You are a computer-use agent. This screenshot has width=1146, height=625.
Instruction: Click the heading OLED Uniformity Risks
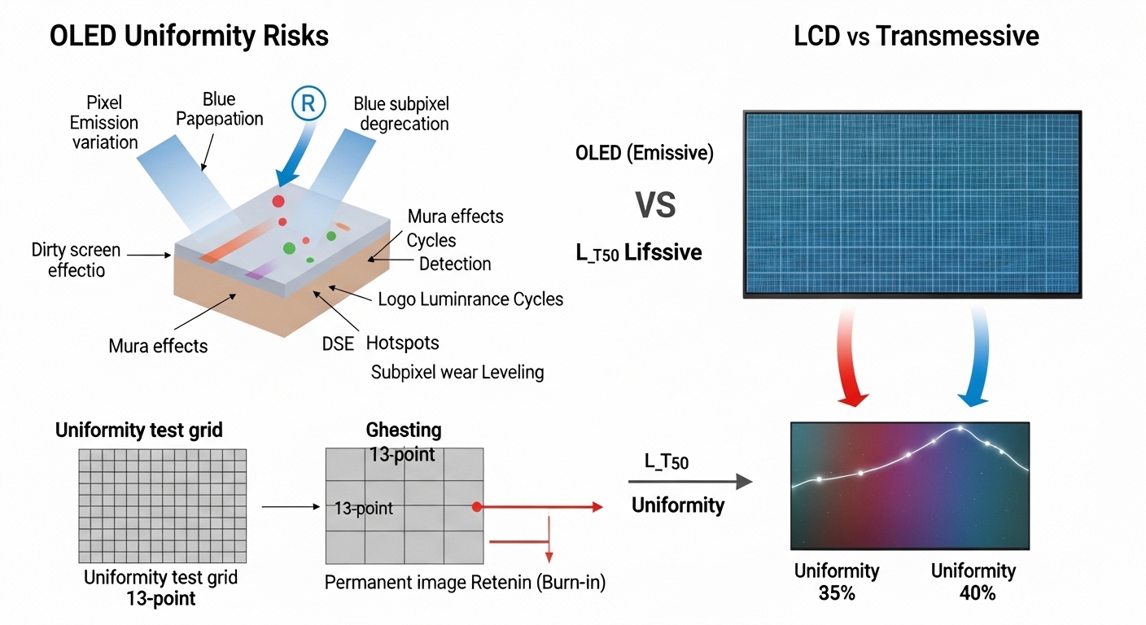click(189, 37)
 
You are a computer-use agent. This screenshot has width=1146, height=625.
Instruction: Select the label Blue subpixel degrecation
click(401, 114)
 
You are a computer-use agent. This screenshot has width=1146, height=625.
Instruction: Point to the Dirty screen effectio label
click(76, 260)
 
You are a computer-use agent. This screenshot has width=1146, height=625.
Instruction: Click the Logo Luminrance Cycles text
click(470, 299)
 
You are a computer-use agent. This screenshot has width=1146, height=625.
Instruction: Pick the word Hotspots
click(402, 343)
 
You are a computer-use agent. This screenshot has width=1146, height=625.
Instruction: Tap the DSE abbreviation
click(338, 343)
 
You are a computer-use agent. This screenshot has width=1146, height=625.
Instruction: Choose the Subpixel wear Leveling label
click(457, 372)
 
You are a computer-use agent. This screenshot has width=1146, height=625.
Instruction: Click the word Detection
click(455, 264)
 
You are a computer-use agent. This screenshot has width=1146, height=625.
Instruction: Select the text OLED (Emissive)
click(644, 153)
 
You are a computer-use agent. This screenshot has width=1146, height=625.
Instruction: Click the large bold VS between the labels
click(655, 205)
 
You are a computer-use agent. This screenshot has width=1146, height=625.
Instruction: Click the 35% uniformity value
click(837, 593)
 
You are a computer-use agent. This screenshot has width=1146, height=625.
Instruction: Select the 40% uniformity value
click(977, 593)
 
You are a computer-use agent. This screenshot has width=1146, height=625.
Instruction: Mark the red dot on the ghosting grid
click(476, 507)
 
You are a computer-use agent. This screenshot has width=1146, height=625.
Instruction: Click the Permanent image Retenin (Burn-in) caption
click(465, 583)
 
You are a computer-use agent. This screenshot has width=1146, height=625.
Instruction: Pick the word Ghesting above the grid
click(404, 431)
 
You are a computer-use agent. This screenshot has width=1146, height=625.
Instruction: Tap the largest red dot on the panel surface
click(278, 201)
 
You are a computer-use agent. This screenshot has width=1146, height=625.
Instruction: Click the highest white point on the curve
click(960, 428)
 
